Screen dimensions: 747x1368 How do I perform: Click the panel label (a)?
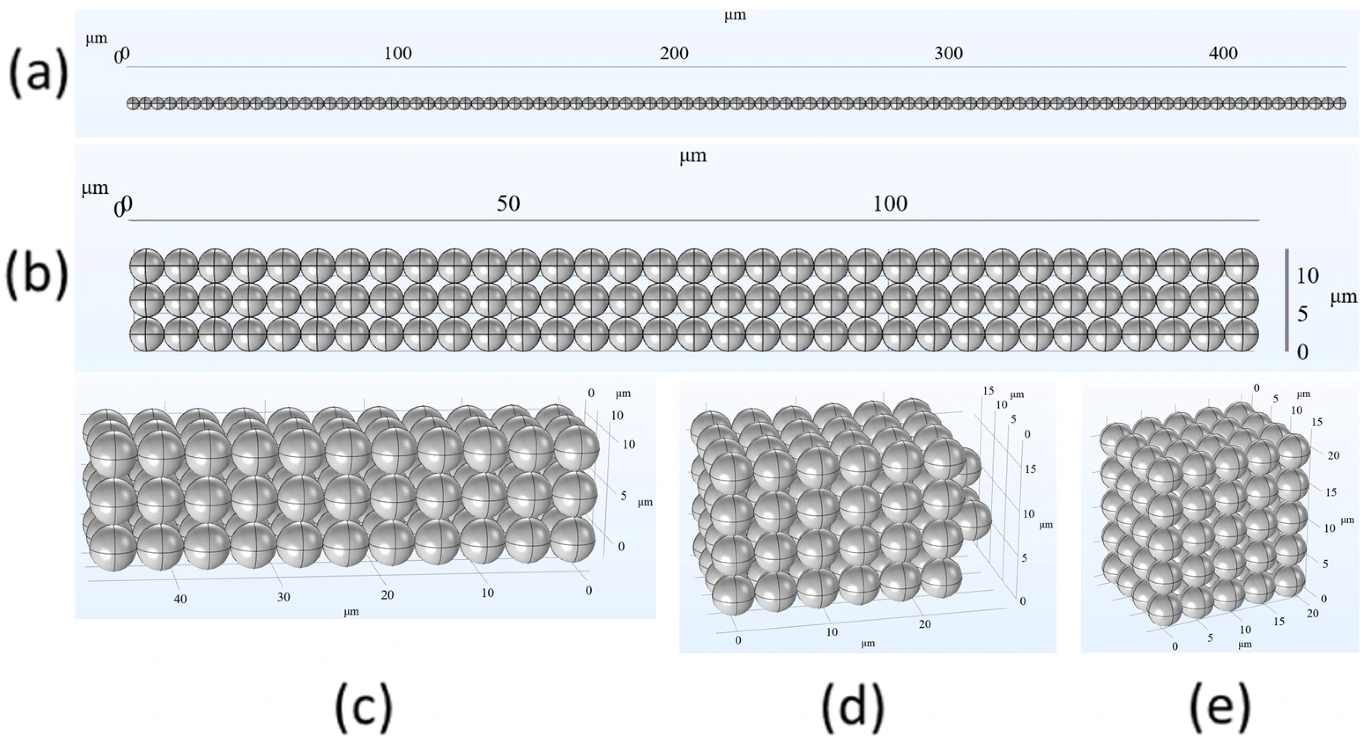click(38, 73)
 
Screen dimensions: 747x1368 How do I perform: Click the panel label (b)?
click(37, 275)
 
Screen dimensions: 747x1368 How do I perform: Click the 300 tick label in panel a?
click(949, 53)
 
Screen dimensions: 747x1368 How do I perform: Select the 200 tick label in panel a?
click(674, 53)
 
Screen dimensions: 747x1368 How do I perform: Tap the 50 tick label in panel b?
click(508, 203)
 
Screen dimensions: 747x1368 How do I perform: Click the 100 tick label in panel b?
click(890, 203)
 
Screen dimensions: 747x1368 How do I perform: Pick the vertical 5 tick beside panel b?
click(1302, 314)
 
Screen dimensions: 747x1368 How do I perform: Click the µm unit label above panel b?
click(693, 156)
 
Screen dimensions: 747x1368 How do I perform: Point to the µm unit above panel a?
click(735, 15)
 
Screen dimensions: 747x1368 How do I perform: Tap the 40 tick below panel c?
click(180, 599)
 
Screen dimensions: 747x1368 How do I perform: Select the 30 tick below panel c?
click(284, 597)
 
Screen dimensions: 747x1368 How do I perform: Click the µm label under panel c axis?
click(351, 611)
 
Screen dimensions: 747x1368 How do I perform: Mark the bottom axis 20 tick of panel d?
click(924, 624)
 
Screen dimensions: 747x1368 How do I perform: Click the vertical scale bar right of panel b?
click(1286, 300)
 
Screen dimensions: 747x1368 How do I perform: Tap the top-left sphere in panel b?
click(146, 266)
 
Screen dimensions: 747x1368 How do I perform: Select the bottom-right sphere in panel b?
click(1241, 335)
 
